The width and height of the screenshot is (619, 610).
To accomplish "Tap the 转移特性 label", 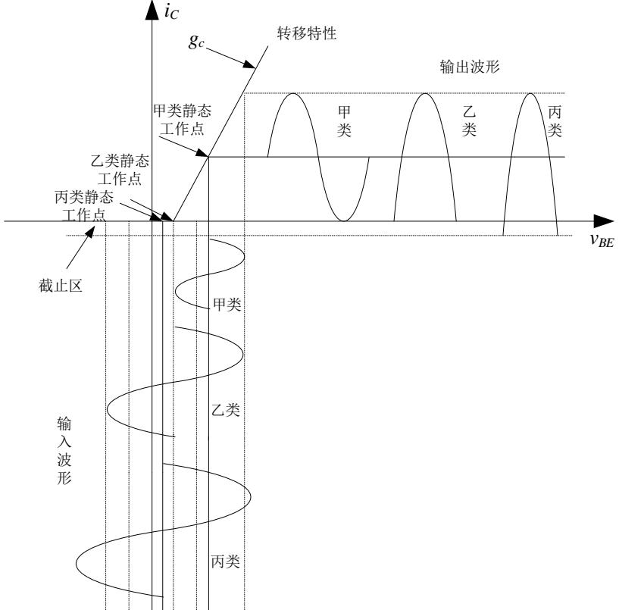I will coord(305,35).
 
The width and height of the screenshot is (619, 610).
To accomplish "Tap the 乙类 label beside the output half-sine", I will coord(469,120).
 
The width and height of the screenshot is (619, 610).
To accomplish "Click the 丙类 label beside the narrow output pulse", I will coord(555,120).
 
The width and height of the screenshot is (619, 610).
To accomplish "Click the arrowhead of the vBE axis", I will coord(604,221).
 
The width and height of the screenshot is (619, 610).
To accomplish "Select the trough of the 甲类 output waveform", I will coord(344,221).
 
